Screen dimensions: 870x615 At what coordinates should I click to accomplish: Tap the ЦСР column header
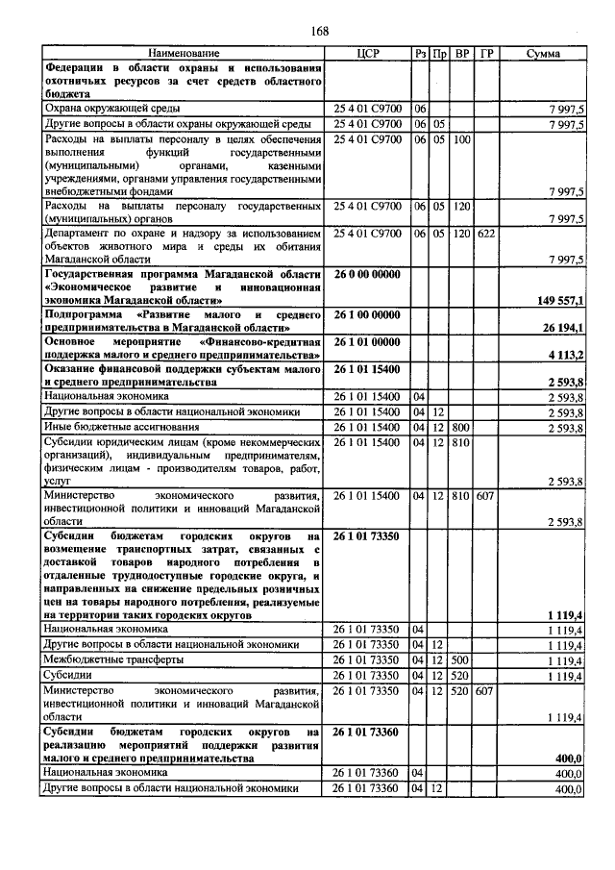369,52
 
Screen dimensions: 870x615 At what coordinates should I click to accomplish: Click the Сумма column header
543,52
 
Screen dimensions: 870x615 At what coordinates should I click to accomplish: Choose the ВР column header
462,52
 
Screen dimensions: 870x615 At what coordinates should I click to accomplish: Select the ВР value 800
461,427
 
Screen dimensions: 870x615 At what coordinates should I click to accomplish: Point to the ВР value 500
461,660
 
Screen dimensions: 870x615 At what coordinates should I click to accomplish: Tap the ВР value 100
461,139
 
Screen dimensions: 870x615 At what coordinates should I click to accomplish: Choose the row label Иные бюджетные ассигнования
111,427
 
